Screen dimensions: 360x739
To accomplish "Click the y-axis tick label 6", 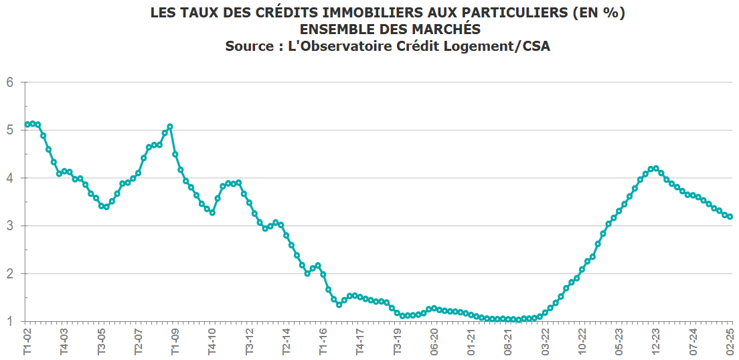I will point(10,83).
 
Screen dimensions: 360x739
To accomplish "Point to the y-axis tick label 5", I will point(10,130).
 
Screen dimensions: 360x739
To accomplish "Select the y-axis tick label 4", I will point(10,178).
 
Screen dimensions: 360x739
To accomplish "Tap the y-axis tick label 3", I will point(10,226).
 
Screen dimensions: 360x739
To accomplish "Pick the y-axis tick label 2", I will point(10,274).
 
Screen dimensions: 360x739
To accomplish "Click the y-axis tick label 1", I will point(10,321).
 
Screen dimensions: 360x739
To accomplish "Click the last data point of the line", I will point(730,217).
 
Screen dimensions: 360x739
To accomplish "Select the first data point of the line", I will point(27,124).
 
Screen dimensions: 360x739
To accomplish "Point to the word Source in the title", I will point(248,46).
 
